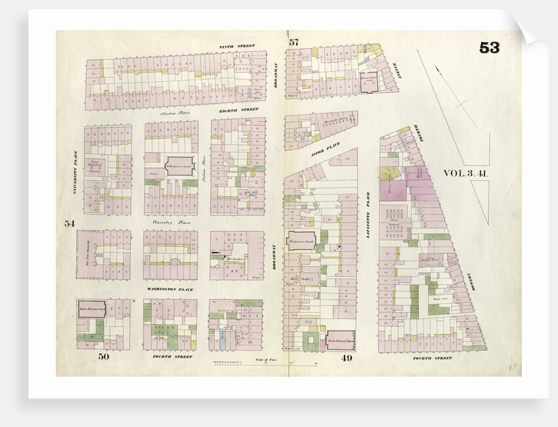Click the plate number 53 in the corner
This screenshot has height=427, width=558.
coord(489,48)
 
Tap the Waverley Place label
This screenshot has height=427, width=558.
coord(167,222)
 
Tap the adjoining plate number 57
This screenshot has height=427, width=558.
coord(293,43)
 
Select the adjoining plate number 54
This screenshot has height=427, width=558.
coord(70,223)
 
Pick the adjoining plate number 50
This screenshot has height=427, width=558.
coord(103,357)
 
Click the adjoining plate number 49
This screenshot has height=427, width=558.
coord(347,358)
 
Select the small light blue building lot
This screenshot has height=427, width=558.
coord(223,340)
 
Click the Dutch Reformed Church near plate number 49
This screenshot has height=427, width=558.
coord(340,340)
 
